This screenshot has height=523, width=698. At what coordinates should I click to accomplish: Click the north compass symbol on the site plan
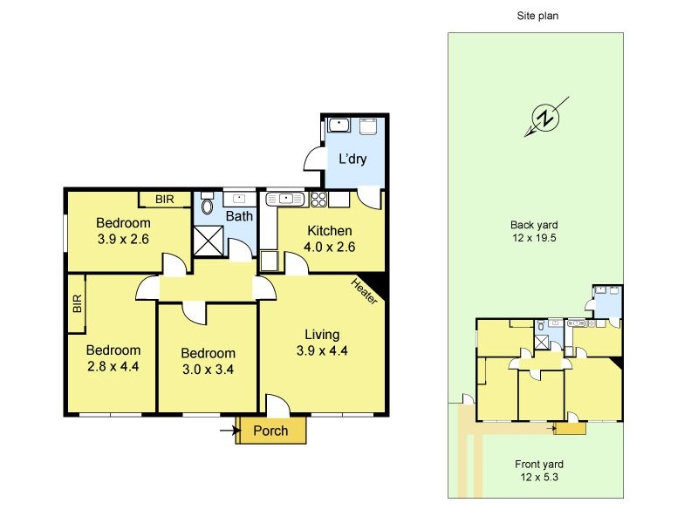point(545,119)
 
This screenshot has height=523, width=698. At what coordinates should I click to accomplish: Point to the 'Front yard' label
point(538,464)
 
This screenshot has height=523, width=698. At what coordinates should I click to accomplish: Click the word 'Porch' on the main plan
point(270,431)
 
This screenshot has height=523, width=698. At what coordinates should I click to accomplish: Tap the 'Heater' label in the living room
point(364,291)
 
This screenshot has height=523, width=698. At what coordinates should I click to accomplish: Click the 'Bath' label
point(239,216)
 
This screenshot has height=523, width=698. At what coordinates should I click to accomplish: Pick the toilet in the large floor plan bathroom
point(207,206)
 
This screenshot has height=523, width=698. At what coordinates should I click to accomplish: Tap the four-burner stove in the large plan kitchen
point(318,200)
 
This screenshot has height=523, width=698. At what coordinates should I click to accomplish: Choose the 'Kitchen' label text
point(329,231)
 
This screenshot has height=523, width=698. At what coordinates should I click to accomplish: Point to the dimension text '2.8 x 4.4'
point(113,366)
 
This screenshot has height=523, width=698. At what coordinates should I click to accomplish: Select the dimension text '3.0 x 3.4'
point(208,368)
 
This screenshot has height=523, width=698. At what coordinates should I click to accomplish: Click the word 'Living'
point(322,334)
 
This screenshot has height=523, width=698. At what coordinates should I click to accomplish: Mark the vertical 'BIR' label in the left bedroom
point(77,302)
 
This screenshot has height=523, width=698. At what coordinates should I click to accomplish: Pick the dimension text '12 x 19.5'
point(535,236)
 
